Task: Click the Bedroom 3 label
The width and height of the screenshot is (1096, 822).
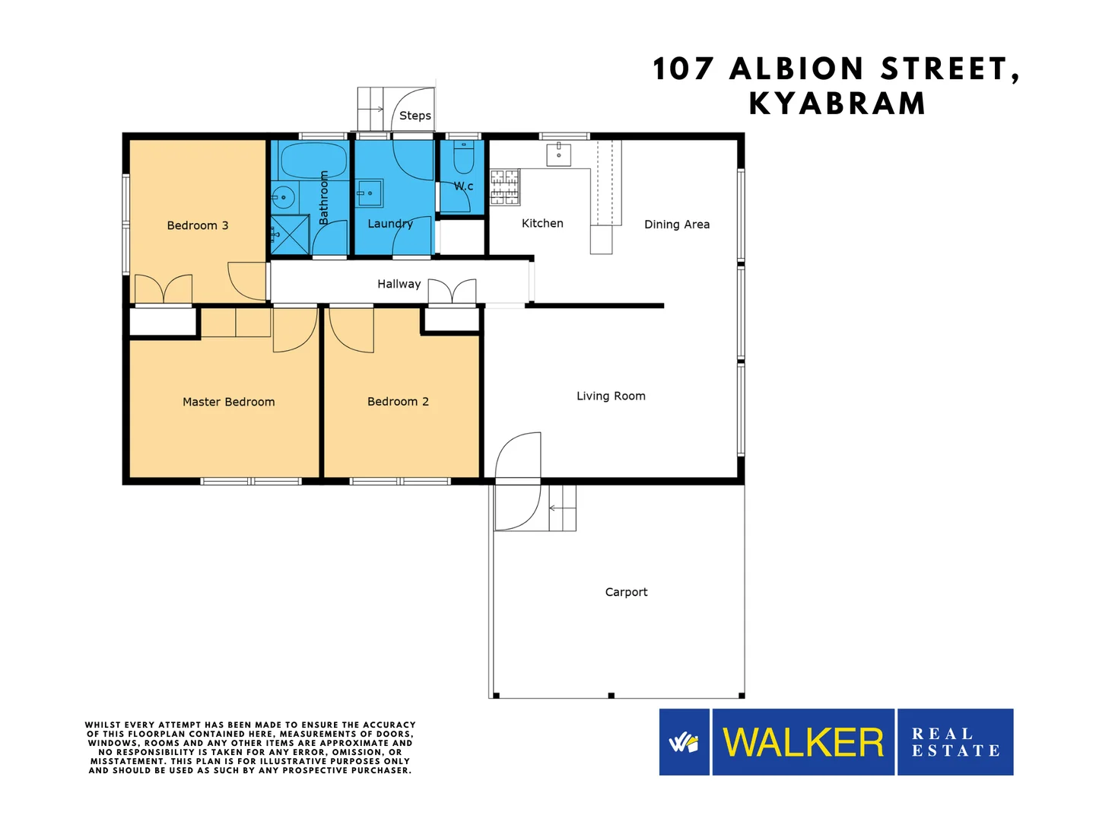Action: point(197,225)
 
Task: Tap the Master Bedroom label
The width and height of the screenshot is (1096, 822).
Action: point(229,402)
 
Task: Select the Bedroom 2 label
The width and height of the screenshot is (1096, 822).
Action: point(398,401)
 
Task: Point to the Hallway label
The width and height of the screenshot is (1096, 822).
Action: point(399,284)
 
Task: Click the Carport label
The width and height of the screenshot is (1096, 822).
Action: point(626,592)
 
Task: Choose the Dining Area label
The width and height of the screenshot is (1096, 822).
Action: point(677,225)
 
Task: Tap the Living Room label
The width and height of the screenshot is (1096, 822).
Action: point(611,396)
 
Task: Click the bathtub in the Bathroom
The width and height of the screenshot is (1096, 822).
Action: point(313,160)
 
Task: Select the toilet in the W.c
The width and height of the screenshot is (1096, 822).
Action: point(463,156)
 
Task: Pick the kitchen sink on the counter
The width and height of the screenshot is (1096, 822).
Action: point(558,154)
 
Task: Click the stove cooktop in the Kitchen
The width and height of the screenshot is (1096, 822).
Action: point(505,187)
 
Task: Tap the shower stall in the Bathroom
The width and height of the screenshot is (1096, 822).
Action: point(290,235)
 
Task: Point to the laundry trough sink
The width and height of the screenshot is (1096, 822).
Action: point(370,193)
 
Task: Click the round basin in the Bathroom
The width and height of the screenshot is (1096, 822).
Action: point(283,197)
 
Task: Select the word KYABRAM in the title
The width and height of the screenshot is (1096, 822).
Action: point(837,104)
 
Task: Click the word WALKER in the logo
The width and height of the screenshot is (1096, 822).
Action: point(803,742)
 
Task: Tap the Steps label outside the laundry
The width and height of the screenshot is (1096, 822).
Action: point(415,116)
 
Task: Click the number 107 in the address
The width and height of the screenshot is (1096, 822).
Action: point(683,68)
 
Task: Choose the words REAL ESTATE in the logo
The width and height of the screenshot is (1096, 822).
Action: point(955,742)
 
